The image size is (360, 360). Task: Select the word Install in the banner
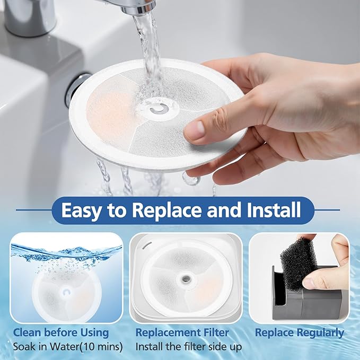(x=275, y=210)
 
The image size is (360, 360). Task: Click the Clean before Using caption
(x=61, y=333)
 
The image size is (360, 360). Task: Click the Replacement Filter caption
(x=182, y=333)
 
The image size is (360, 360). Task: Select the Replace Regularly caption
(x=300, y=333)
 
